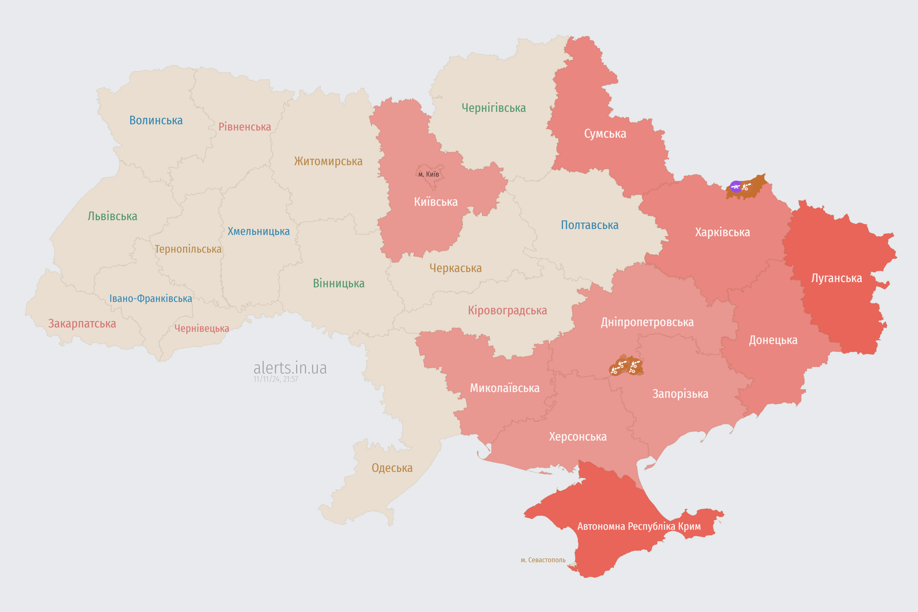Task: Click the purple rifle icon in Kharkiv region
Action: click(x=736, y=186)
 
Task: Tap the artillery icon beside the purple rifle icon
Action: click(x=746, y=186)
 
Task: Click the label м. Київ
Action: click(x=429, y=174)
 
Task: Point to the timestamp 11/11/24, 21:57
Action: click(x=276, y=379)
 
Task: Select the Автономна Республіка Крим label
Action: click(x=639, y=526)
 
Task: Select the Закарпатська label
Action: click(x=82, y=323)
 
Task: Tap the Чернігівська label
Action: click(x=493, y=108)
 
